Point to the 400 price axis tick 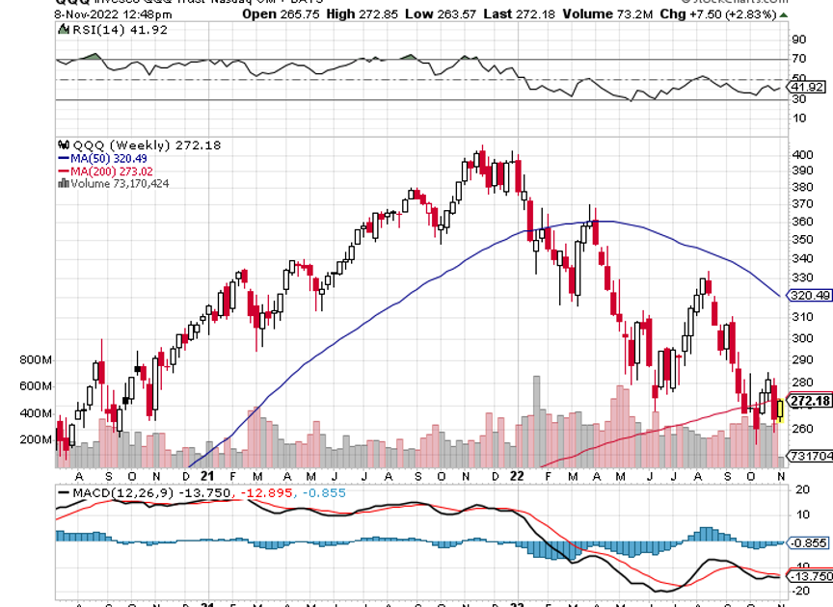tap(798, 155)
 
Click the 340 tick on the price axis tap(798, 258)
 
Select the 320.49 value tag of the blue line tap(810, 296)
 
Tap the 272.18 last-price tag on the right tap(810, 401)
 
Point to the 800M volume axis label tap(35, 359)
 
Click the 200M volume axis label tap(35, 439)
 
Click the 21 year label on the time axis tap(206, 475)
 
